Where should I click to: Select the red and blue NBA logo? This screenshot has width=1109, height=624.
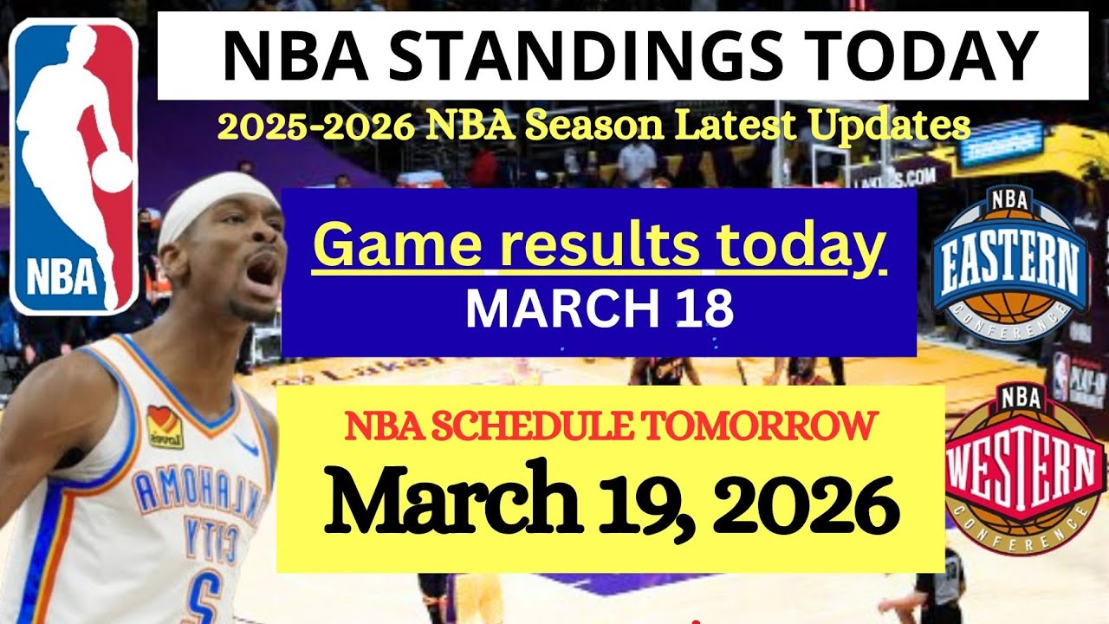[74, 166]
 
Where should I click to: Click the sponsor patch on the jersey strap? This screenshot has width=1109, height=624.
[164, 427]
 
